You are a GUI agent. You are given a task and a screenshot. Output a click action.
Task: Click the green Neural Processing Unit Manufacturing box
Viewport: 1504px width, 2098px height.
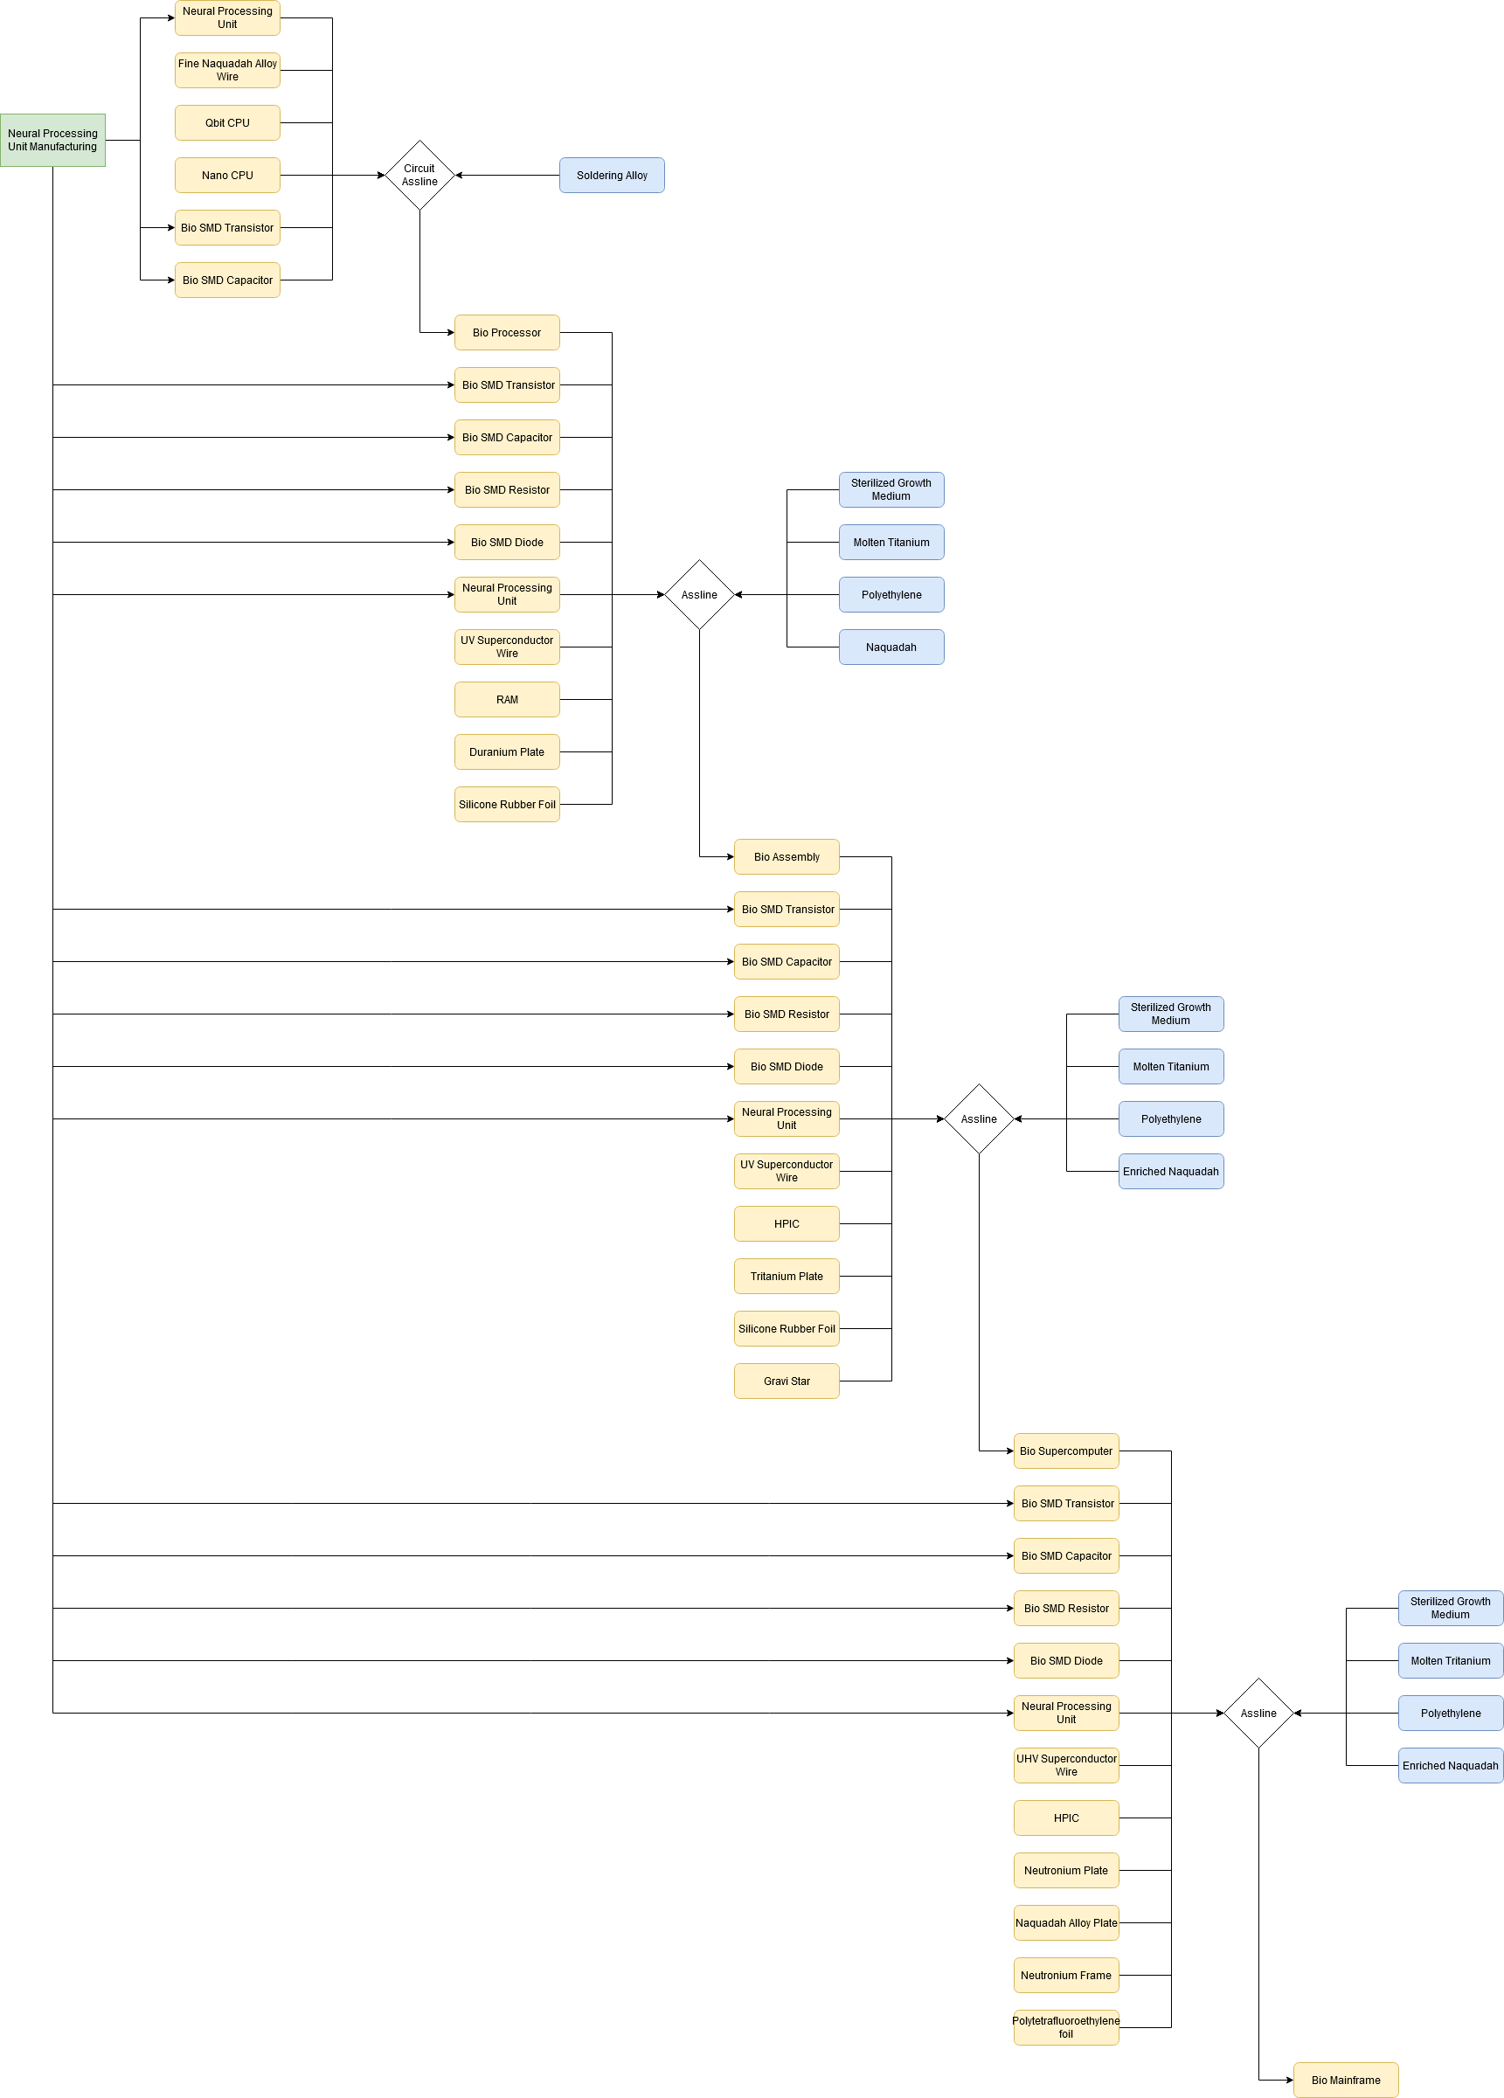52,140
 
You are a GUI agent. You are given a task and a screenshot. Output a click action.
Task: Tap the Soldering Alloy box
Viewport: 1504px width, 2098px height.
612,175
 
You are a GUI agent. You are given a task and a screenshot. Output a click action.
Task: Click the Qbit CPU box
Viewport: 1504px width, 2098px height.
226,122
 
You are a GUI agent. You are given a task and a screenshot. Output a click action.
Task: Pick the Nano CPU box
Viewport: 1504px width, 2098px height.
226,175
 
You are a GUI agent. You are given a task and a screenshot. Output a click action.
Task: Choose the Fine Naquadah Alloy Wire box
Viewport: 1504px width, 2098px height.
226,70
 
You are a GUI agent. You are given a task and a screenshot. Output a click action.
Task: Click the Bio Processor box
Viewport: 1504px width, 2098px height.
506,332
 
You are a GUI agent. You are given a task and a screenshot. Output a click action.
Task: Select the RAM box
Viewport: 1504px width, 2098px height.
506,699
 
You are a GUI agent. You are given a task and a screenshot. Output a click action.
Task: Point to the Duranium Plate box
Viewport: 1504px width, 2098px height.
506,752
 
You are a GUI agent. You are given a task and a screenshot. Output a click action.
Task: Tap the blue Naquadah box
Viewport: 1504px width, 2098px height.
891,647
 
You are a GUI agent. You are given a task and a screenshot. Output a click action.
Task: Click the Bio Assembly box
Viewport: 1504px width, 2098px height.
787,856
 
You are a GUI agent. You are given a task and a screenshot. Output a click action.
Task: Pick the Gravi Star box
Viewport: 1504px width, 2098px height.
787,1381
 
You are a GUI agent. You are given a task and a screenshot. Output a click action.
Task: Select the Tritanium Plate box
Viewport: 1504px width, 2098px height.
787,1276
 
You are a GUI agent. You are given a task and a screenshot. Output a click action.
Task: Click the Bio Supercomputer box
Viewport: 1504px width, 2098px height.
1065,1451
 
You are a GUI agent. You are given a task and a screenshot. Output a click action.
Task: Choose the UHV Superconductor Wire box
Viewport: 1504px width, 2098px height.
1065,1765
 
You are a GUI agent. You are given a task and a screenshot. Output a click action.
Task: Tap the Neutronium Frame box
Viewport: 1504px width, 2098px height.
1065,1975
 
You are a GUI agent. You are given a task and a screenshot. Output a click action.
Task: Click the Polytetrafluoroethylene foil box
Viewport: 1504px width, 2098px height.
1065,2026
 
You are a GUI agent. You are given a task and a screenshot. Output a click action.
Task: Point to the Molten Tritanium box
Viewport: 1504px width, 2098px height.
1450,1660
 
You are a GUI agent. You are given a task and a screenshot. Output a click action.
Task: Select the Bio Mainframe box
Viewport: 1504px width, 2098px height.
1345,2080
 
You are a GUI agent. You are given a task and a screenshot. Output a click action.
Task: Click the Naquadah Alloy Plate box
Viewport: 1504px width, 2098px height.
1065,1922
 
